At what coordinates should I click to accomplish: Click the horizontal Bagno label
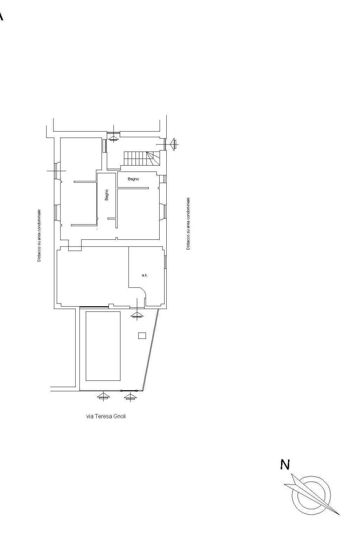coord(133,179)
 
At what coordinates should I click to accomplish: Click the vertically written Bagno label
coord(107,195)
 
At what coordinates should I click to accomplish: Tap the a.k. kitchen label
coord(145,275)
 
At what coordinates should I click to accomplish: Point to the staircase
coord(142,159)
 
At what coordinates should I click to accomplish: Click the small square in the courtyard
coord(142,336)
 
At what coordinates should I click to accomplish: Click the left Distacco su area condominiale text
coord(39,236)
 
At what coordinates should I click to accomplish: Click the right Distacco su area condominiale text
coord(188,224)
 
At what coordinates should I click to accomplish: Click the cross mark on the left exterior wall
coord(56,171)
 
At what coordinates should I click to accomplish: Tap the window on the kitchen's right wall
coord(166,262)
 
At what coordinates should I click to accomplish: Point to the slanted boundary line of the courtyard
coord(151,350)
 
